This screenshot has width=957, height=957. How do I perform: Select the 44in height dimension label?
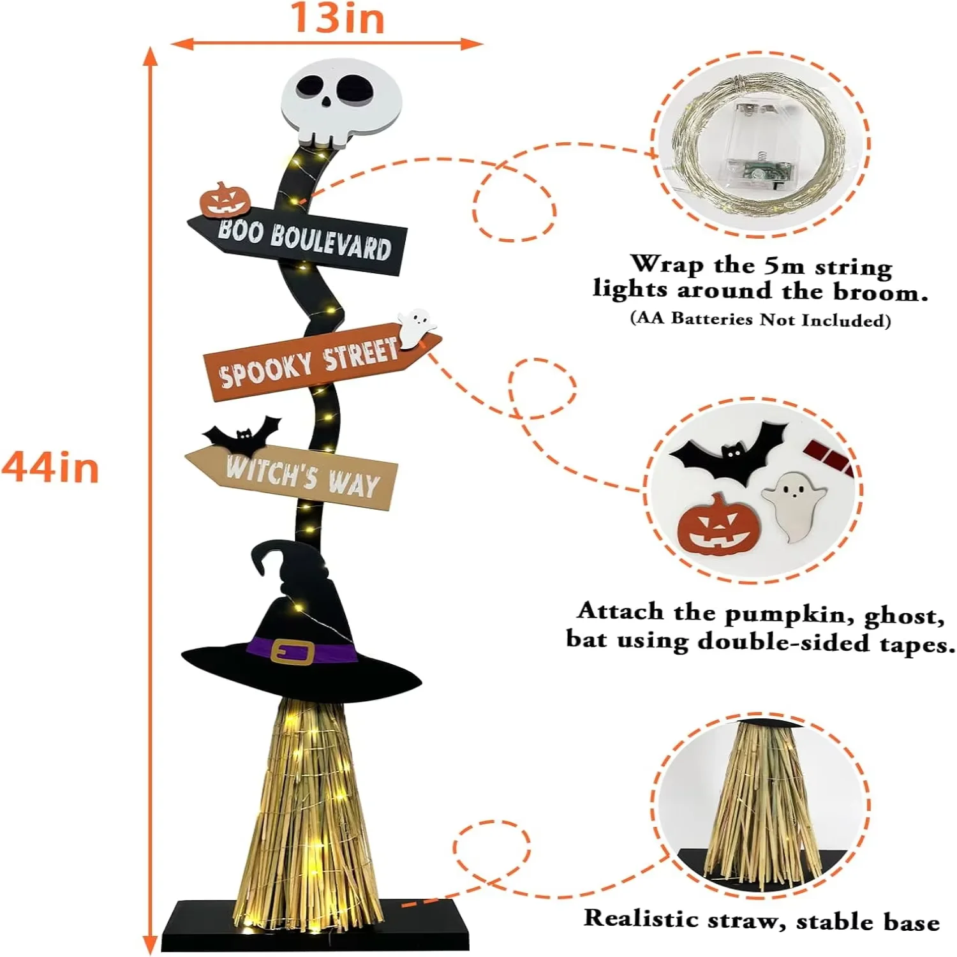50,468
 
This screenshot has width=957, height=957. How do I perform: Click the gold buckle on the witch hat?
292,651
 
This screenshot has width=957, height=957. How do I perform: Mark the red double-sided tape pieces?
829,456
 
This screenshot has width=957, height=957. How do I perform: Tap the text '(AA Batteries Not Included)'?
760,319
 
